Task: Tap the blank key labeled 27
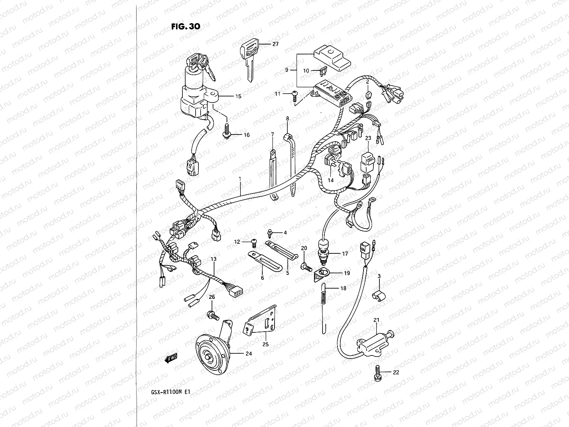click(x=249, y=59)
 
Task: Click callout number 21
click(x=377, y=320)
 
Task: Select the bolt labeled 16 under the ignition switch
click(x=227, y=133)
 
